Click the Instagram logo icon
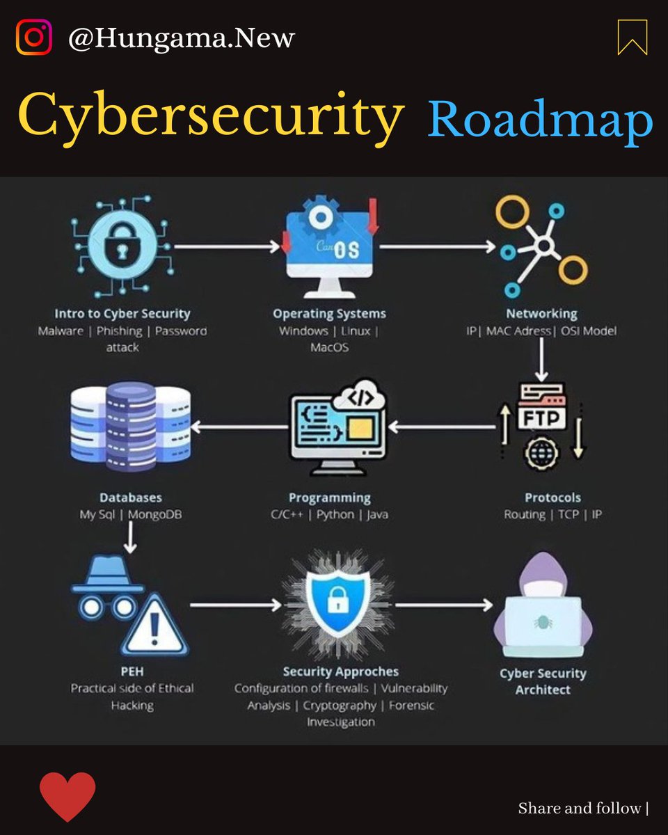point(34,38)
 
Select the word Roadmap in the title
point(540,122)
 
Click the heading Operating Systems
point(330,314)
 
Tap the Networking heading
point(541,314)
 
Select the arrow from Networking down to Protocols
point(541,360)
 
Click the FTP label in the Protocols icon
point(541,418)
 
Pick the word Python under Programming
point(335,515)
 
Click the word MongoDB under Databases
point(155,514)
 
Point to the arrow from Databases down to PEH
point(130,537)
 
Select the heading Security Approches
point(340,671)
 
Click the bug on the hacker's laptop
point(543,622)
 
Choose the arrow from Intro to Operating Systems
point(227,246)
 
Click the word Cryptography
point(340,706)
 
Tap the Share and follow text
point(579,809)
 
